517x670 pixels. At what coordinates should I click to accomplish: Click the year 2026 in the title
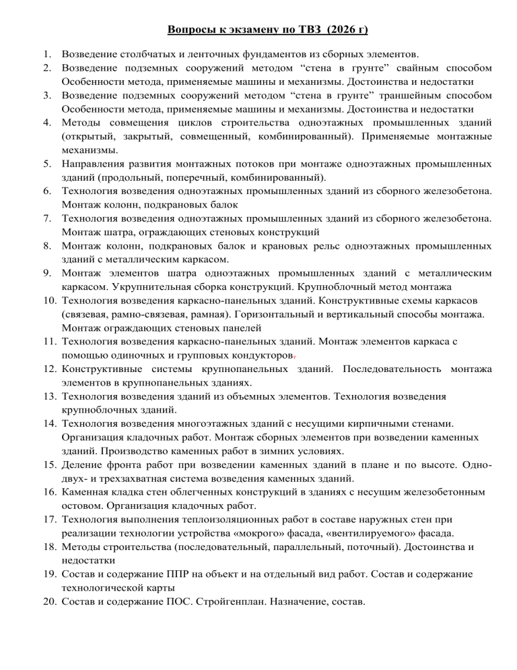(x=343, y=30)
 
